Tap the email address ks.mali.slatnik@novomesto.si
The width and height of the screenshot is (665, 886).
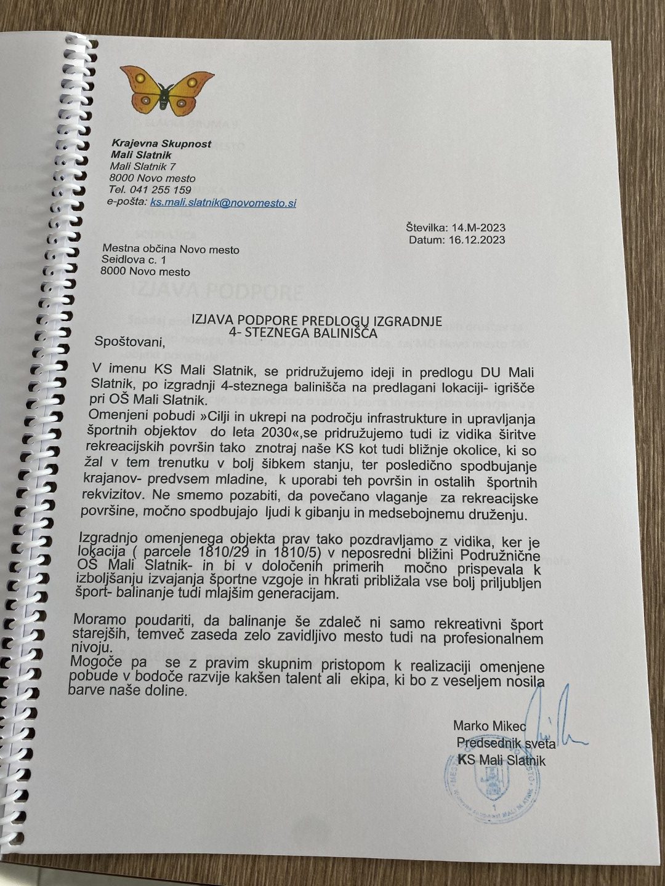tap(223, 202)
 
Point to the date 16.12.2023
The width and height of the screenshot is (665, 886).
tap(474, 239)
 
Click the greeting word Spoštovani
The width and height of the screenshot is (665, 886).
tap(130, 341)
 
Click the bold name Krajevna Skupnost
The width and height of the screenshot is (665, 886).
tap(161, 143)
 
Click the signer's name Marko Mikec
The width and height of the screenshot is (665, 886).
tap(490, 727)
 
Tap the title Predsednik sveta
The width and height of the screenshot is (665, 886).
tap(506, 744)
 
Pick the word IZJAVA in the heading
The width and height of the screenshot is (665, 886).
tap(213, 319)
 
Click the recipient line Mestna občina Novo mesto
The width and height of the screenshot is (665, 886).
tap(171, 250)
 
